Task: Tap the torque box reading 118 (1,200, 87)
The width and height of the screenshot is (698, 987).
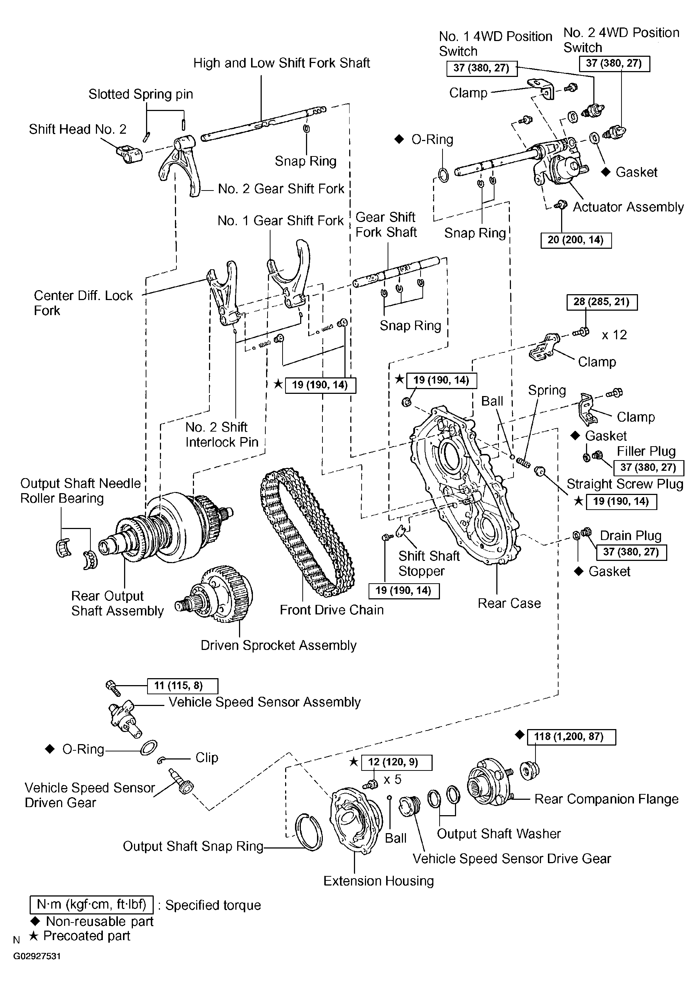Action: (571, 737)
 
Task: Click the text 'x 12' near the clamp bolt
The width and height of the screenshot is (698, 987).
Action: (614, 335)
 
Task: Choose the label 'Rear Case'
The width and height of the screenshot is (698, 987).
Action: (509, 603)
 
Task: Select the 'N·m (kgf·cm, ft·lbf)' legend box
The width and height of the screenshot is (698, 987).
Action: (92, 905)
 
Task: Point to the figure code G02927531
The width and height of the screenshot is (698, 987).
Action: (37, 956)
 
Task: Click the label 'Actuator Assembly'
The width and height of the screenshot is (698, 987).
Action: (628, 207)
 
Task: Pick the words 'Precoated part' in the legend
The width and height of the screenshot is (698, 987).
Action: (87, 936)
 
